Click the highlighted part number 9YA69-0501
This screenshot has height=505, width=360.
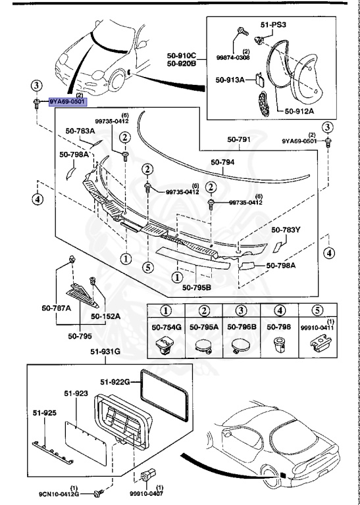(66, 103)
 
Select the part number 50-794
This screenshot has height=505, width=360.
(223, 162)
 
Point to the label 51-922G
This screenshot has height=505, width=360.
(115, 381)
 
